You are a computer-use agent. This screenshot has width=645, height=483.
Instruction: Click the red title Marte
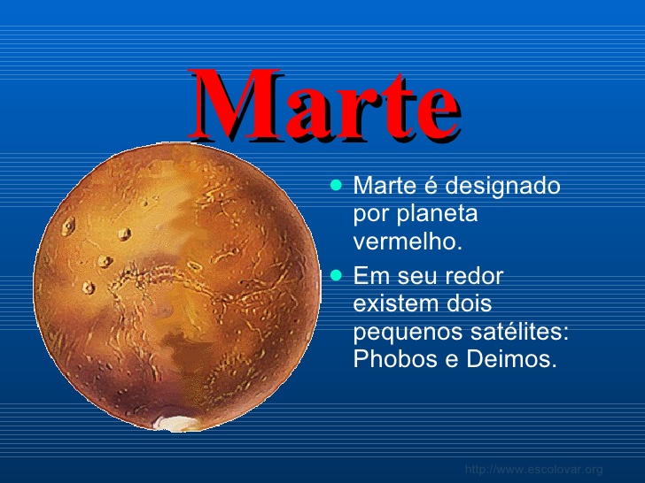coord(324,104)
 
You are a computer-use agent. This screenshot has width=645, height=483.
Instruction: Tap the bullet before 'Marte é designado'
coord(336,185)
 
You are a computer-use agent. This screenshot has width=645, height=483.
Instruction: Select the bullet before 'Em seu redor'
coord(336,275)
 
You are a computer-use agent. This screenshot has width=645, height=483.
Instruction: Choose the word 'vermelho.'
coord(408,241)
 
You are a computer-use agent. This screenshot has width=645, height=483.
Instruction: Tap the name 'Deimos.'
coord(512,358)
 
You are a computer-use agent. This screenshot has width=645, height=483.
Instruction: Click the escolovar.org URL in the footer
coord(534,469)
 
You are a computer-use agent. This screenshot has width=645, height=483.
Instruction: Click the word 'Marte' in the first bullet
coord(385,185)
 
